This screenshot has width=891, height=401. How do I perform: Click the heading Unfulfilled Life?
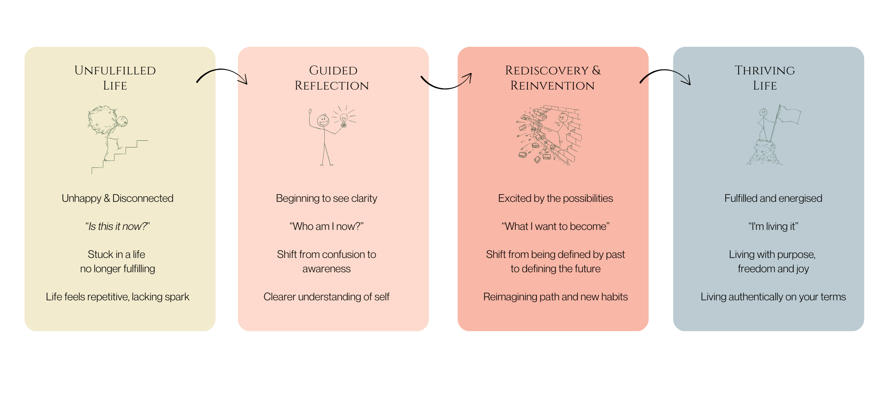click(x=115, y=78)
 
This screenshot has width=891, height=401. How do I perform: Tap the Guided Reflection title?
click(x=332, y=78)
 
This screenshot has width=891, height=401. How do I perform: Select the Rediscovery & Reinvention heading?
click(x=553, y=78)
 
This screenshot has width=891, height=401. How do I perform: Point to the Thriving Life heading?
click(x=765, y=78)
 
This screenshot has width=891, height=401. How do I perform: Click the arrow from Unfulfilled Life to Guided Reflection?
click(x=222, y=74)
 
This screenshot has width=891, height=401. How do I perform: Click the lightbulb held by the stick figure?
click(x=343, y=119)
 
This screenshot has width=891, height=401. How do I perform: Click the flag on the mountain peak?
click(x=790, y=115)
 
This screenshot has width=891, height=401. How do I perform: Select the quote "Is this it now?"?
click(x=118, y=226)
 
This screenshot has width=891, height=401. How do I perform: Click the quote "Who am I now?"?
click(x=327, y=226)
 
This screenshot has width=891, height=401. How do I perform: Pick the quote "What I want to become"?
click(x=556, y=226)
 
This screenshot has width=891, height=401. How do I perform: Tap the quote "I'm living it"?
click(x=773, y=226)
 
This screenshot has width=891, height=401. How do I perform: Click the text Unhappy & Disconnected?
click(x=118, y=198)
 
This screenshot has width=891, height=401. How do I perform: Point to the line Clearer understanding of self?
click(x=327, y=297)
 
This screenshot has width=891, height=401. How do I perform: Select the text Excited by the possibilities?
click(x=556, y=198)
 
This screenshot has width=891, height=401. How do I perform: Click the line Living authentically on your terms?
click(x=773, y=297)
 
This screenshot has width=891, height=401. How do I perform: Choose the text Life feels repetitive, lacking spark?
click(x=118, y=297)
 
